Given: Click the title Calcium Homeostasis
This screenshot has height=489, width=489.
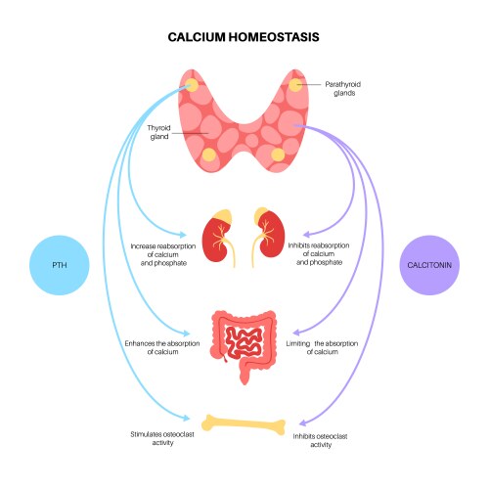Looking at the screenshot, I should (244, 36).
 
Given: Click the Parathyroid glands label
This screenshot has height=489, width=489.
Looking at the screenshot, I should (339, 89).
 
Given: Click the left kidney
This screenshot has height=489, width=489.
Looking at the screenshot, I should (217, 240).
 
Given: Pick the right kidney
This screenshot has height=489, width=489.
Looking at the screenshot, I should (273, 240).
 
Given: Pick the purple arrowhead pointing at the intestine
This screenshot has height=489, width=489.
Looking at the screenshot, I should (292, 332).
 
